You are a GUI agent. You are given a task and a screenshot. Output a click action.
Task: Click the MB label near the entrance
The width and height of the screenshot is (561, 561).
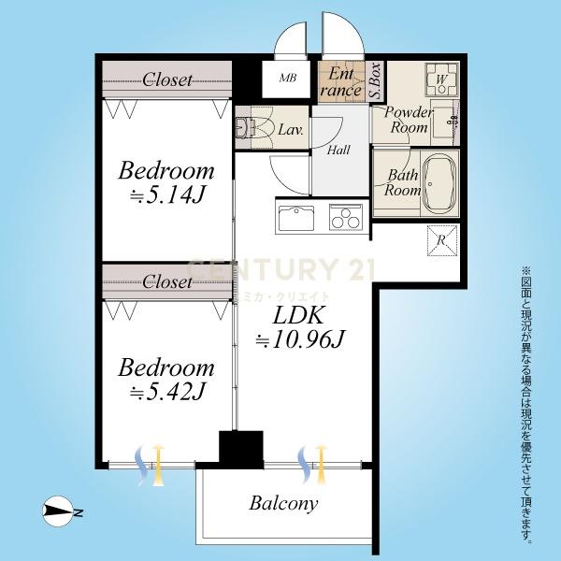[x=288, y=78]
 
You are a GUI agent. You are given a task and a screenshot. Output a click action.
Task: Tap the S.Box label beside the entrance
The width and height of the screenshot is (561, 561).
[x=375, y=81]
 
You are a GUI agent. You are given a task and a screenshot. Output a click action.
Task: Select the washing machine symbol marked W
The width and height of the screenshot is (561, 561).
[x=441, y=79]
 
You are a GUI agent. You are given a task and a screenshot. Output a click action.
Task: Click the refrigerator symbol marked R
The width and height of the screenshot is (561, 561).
[x=442, y=240]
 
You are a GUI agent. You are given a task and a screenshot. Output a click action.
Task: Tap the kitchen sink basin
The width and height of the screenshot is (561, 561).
[x=295, y=219]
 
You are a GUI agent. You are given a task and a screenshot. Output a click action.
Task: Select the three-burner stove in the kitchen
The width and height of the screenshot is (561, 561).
[x=346, y=217]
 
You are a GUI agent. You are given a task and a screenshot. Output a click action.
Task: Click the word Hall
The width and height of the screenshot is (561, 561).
[x=338, y=150]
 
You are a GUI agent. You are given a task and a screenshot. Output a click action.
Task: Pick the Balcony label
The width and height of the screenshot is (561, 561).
[x=283, y=503]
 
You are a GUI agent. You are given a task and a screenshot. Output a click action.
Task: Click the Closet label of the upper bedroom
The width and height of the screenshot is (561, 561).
[x=167, y=79]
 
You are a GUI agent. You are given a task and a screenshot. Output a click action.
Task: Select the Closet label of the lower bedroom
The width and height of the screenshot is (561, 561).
[x=167, y=282]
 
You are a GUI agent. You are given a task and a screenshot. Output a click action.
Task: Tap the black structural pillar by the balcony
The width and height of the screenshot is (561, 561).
[x=241, y=450]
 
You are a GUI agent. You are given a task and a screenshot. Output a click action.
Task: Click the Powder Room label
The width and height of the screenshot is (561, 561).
[x=409, y=120]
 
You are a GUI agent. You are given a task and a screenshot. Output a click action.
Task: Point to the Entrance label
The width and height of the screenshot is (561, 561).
[x=341, y=82]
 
